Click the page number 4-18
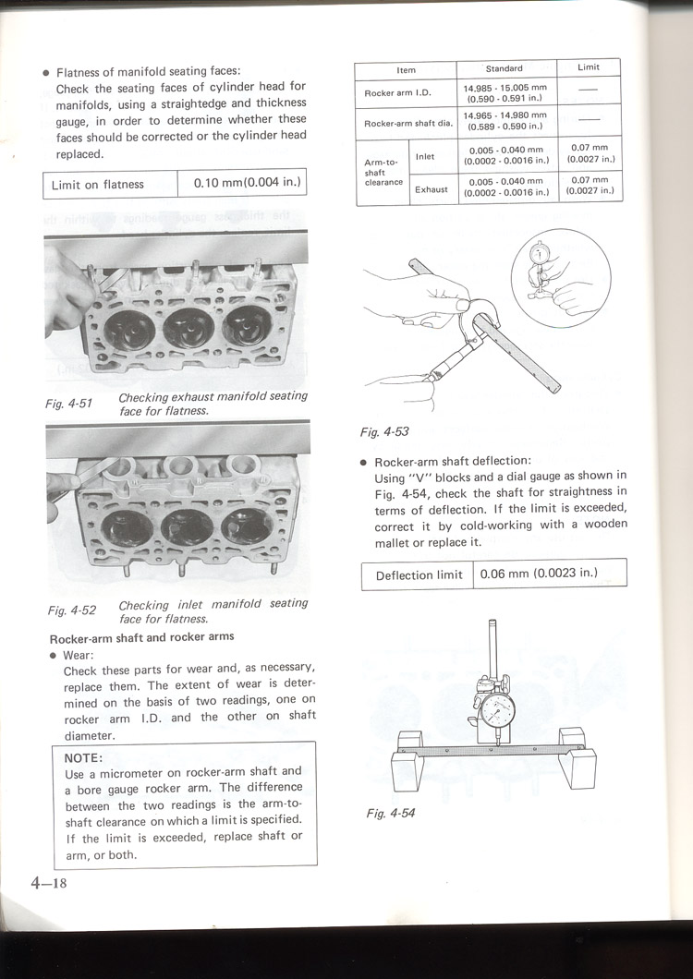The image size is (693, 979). click(48, 882)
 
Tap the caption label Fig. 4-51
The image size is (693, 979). click(70, 404)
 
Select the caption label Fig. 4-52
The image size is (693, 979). click(72, 610)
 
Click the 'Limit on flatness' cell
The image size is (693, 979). click(98, 185)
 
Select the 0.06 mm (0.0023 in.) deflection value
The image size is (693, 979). click(539, 574)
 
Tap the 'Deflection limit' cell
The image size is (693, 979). click(419, 574)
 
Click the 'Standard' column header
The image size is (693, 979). click(505, 68)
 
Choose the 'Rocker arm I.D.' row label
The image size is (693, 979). click(393, 91)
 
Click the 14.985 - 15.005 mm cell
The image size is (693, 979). click(505, 91)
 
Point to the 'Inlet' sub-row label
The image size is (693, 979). click(425, 157)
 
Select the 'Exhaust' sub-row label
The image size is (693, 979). click(431, 189)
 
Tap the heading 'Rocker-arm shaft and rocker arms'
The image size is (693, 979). click(141, 637)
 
